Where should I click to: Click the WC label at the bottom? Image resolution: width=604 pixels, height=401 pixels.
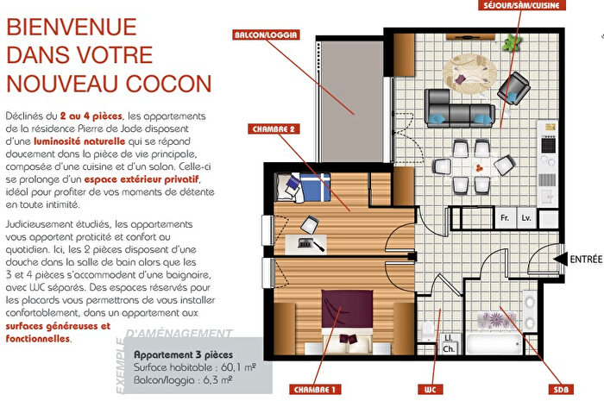click(x=430, y=389)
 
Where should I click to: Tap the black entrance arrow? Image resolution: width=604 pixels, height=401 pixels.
click(x=557, y=258)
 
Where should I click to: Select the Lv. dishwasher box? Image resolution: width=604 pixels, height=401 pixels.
click(x=527, y=220)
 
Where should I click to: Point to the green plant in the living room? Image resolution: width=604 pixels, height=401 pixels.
click(x=515, y=41)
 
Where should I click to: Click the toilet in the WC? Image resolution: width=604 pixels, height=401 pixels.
click(x=427, y=329)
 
